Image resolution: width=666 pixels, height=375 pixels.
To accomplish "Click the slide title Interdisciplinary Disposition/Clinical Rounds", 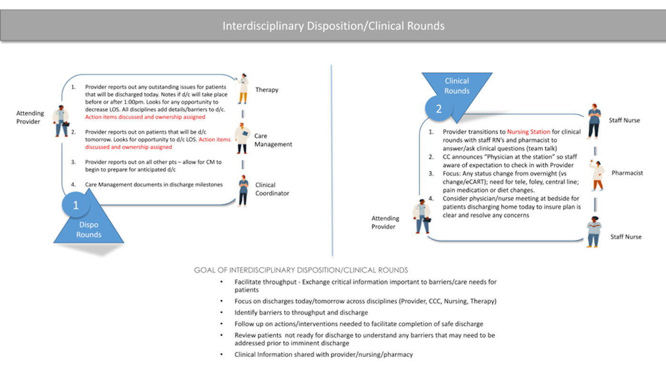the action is coord(333,25).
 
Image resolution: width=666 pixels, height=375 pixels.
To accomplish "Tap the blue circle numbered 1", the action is coord(75,205).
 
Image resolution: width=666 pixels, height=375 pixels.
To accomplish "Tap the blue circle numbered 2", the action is coord(439,109).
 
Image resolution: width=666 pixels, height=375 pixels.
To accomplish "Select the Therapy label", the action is coord(266,89).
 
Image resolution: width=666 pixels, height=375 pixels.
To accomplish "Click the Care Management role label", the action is coord(273,140).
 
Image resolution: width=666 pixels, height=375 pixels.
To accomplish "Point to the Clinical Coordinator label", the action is coord(272,189).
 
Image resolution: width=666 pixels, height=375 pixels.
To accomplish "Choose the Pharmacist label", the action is coord(627,173).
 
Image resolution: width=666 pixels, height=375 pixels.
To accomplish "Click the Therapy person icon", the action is coord(243,89).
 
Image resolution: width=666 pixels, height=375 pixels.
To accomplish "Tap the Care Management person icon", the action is coord(242,138).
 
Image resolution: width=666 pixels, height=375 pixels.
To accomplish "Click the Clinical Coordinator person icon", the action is coord(243,191).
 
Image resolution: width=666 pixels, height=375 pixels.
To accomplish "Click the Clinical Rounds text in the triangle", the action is coord(457,86).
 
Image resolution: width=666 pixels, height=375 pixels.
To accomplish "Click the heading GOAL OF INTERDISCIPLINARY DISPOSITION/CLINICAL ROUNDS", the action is coord(301,270).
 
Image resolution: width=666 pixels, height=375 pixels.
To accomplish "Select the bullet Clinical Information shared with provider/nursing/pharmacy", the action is coord(323,354).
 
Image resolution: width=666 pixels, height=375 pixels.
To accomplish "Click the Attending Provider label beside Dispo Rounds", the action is coord(30,117).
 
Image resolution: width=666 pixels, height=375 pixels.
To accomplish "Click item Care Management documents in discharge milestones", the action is coord(154,184).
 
